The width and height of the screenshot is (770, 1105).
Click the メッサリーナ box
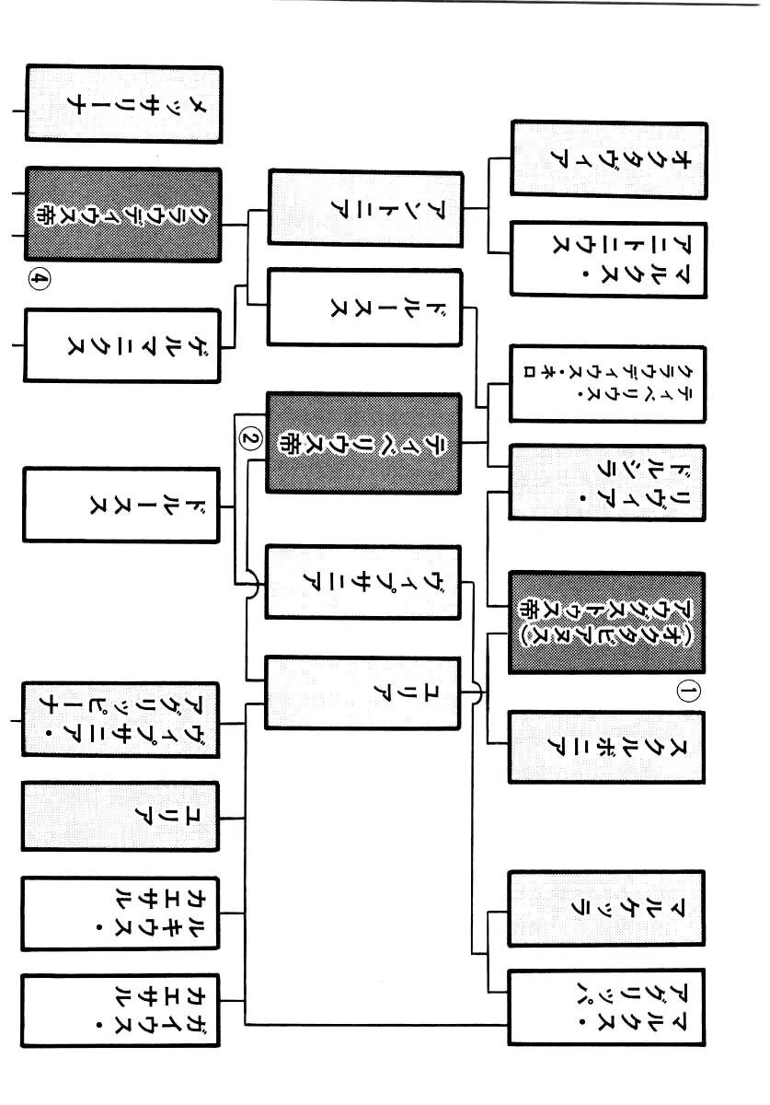[x=123, y=104]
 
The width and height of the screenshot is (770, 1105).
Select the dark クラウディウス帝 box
[x=123, y=215]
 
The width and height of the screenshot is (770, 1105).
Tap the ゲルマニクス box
[x=122, y=345]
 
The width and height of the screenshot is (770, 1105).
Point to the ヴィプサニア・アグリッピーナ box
[x=121, y=720]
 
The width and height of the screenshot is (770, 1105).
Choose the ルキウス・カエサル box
[x=121, y=913]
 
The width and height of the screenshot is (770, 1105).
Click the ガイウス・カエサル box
[x=121, y=1011]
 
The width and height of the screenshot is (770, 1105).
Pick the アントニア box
[x=366, y=208]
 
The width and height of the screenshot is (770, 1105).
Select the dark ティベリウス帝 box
[x=363, y=443]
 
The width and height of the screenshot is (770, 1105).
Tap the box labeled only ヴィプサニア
[x=363, y=582]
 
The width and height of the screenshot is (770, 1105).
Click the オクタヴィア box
[x=609, y=160]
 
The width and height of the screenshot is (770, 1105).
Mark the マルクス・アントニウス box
[x=609, y=260]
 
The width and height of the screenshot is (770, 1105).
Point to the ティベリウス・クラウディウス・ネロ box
[x=608, y=384]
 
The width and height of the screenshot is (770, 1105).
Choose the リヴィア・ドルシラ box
[x=607, y=483]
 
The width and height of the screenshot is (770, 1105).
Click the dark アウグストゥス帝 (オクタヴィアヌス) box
[x=607, y=622]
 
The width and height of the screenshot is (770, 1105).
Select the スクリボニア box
[x=607, y=748]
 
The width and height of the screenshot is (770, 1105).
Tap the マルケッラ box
[x=606, y=909]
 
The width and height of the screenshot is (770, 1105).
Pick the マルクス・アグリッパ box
[x=606, y=1007]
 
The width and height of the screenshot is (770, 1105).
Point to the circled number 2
[x=250, y=437]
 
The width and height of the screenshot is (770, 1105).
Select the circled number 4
[x=40, y=280]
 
